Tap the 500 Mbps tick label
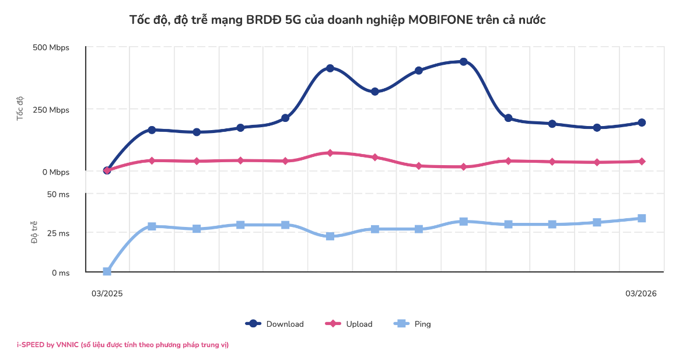51,47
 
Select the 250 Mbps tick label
51,110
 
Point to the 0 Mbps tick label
56,172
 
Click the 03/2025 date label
107,293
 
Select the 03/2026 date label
641,293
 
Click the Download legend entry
275,324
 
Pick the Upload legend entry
349,324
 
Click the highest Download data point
464,62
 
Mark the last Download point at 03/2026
642,123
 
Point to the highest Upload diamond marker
330,153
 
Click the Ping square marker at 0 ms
107,271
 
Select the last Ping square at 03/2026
642,218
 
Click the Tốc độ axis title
20,109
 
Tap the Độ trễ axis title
34,232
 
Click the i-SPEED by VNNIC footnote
123,345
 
